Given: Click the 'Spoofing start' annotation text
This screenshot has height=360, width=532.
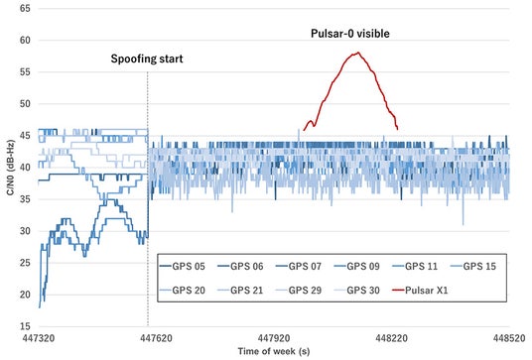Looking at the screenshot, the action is [147, 59].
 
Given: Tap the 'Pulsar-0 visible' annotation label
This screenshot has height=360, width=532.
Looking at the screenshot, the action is [349, 34].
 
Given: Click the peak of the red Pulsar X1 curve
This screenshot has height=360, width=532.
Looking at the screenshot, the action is [358, 53].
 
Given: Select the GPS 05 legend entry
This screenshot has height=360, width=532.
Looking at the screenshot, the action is [183, 267].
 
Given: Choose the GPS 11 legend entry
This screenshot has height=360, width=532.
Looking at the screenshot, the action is [415, 267].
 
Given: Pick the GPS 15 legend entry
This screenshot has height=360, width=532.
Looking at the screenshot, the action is [473, 267].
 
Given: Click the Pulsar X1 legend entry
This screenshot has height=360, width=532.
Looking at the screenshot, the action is [420, 291].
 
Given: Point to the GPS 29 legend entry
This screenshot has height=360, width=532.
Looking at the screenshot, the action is [299, 291].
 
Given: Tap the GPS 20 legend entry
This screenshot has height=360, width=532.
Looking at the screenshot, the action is [183, 291].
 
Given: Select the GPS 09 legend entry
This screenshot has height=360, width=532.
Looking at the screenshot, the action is [357, 267].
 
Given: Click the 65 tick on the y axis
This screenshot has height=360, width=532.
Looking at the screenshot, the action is [25, 9].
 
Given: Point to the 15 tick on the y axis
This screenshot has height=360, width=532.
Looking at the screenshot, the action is [25, 326].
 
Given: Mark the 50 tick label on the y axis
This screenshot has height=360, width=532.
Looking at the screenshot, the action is [25, 104].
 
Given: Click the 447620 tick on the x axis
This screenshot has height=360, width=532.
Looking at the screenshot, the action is [156, 338].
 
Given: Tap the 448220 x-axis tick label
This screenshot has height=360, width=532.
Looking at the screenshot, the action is [391, 338].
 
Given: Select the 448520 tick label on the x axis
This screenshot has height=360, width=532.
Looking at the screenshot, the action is [509, 338].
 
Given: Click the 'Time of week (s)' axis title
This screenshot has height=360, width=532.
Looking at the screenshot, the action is [274, 351].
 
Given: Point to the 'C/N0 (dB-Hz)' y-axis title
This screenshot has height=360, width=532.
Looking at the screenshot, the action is [11, 168].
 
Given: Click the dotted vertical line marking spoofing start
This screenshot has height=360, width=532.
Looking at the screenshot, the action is [148, 199].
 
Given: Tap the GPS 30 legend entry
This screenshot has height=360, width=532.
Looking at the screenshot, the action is [357, 291].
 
